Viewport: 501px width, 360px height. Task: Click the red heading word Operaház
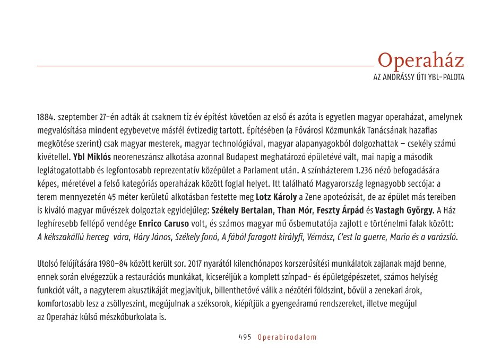pyautogui.click(x=421, y=60)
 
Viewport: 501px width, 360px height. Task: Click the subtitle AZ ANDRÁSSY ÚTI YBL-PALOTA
pyautogui.click(x=419, y=77)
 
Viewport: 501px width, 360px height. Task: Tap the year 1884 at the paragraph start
pyautogui.click(x=46, y=116)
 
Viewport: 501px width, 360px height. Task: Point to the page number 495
pyautogui.click(x=245, y=337)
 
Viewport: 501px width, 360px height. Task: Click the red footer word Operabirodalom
pyautogui.click(x=287, y=337)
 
